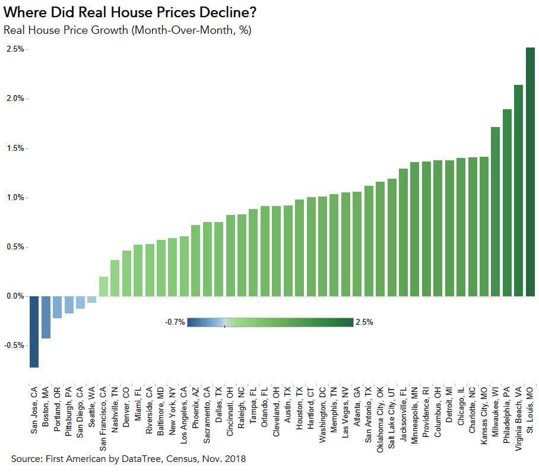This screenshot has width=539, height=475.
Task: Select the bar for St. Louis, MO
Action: [530, 172]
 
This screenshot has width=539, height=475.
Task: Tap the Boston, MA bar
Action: [46, 317]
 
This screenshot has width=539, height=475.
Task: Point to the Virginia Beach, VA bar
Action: [518, 190]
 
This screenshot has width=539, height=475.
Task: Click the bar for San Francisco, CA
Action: [103, 286]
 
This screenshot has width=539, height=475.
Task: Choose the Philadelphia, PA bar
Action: [507, 202]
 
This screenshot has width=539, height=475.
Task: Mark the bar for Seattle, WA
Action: [91, 299]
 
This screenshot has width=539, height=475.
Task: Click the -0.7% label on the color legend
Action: [175, 322]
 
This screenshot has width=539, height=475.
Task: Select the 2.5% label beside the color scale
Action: [364, 322]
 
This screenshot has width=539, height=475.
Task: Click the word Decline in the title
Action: [223, 12]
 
